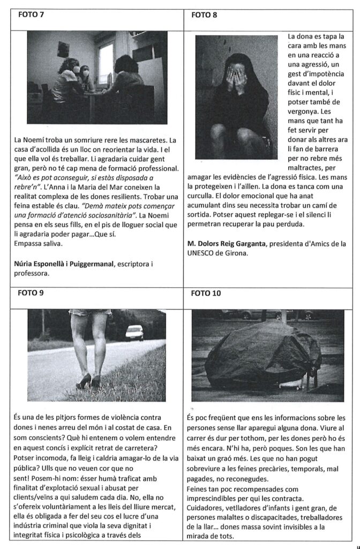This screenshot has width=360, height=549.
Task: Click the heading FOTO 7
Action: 31,14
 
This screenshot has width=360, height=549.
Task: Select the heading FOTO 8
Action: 204,14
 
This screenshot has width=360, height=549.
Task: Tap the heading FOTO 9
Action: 32,293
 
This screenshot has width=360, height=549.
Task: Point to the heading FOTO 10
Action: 206,293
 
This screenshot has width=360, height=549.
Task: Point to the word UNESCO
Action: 202,254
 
